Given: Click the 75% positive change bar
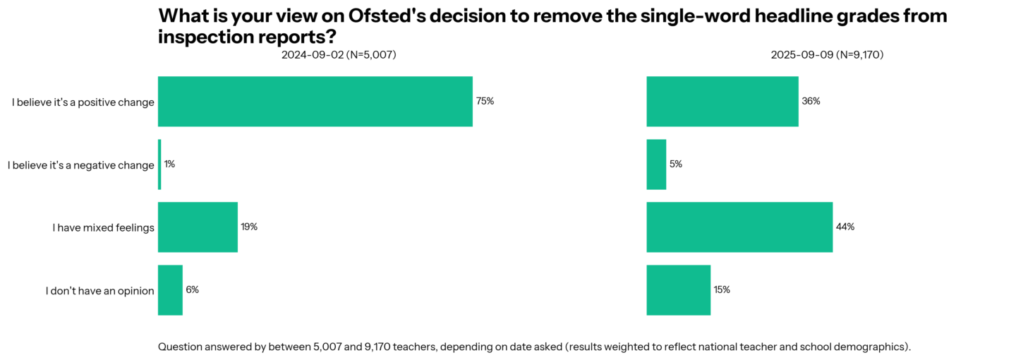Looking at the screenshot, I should coord(315,102).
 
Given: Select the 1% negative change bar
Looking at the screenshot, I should coord(159,164).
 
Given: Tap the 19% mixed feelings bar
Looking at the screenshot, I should coord(198,227).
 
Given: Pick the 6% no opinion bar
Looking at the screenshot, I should coord(170,290).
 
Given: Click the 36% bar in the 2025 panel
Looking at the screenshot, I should coord(722,102).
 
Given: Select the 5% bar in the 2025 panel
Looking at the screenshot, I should coord(656,164).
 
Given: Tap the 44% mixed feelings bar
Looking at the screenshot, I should coord(739,227).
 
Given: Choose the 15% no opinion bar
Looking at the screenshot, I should coord(678,290).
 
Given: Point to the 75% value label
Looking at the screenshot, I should coord(485,101).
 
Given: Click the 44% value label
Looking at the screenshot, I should coord(845,227).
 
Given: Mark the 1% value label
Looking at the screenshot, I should coord(169,164).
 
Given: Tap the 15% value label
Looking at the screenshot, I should coord(721,289).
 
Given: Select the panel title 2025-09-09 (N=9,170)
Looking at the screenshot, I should coord(827,55).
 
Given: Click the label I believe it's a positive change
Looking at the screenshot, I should coord(83,102).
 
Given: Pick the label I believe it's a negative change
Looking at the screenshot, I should coord(80,165).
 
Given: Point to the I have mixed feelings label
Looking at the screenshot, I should coord(103,228).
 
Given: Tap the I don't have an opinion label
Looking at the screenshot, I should coord(99,291).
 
